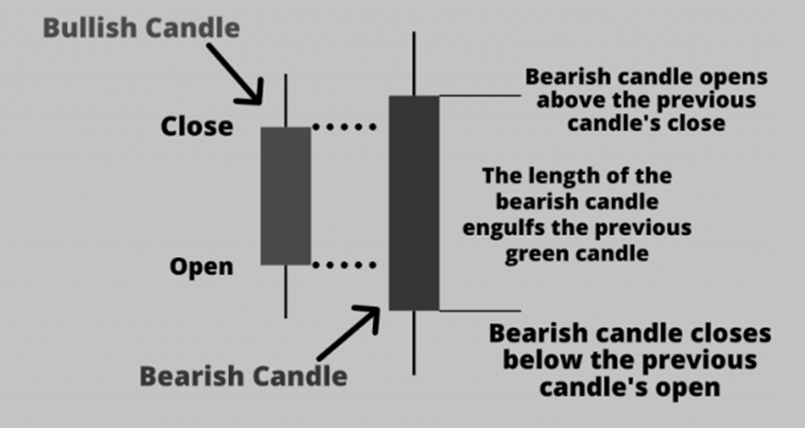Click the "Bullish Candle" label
click(x=141, y=28)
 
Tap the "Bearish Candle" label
click(x=243, y=376)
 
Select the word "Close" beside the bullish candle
click(x=196, y=127)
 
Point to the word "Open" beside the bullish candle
click(x=200, y=266)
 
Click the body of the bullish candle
click(x=286, y=195)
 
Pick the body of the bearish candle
click(x=413, y=203)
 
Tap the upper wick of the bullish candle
click(x=286, y=101)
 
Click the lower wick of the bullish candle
click(x=286, y=291)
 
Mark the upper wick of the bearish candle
click(x=413, y=64)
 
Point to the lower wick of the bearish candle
click(x=413, y=342)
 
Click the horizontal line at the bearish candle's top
click(x=479, y=96)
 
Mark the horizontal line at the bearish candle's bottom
click(x=479, y=310)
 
